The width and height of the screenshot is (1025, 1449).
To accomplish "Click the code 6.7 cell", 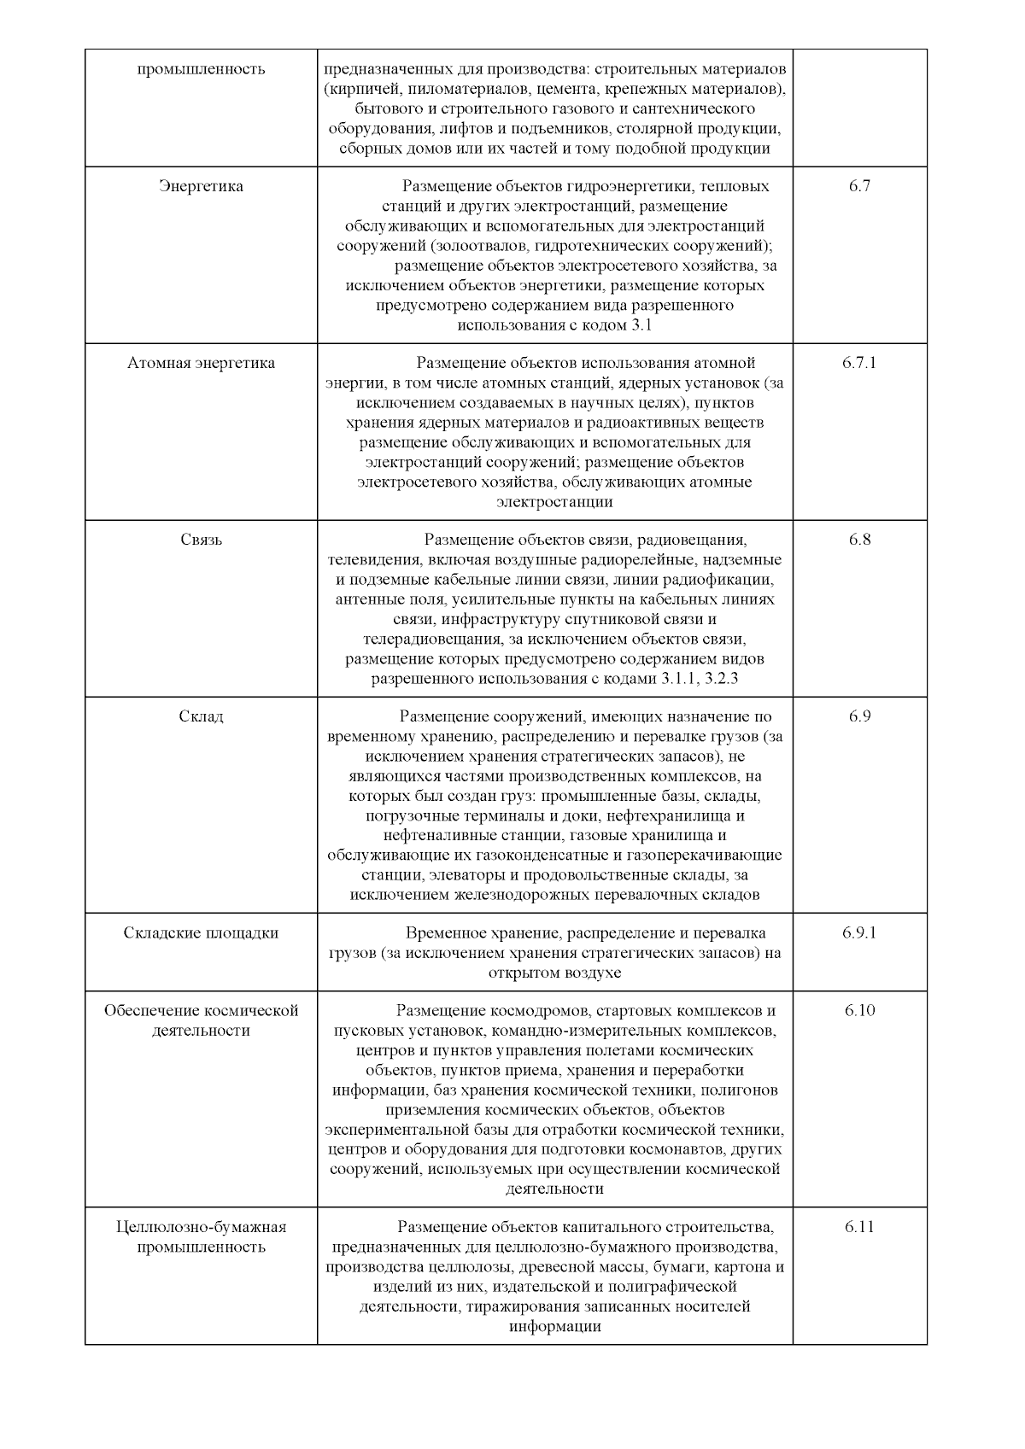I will [x=859, y=186].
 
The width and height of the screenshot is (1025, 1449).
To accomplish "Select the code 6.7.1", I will [x=859, y=363].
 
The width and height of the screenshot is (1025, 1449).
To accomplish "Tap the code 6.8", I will [x=859, y=540].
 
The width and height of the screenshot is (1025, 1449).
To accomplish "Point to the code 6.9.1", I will [x=859, y=932].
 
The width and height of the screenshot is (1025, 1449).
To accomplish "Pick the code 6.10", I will [x=859, y=1011].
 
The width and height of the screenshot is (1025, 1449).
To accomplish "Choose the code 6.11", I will [x=859, y=1227].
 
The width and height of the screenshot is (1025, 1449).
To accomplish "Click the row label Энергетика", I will [x=202, y=186].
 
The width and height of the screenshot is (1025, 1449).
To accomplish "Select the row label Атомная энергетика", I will [x=202, y=363].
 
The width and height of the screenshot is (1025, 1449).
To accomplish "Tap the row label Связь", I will [x=202, y=540].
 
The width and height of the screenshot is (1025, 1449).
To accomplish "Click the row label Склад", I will [x=202, y=716].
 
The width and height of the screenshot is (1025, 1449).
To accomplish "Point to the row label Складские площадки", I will [x=202, y=932].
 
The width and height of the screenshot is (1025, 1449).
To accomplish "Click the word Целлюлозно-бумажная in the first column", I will [x=202, y=1227].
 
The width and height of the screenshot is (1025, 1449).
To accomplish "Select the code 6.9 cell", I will [x=859, y=716].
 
